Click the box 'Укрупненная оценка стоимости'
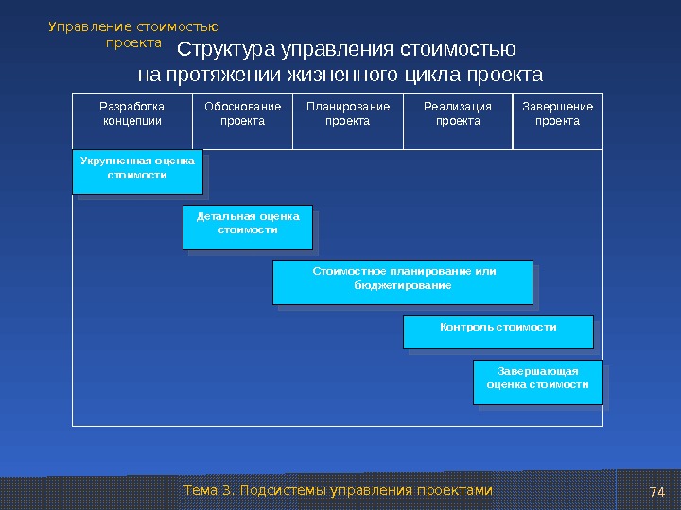click(137, 169)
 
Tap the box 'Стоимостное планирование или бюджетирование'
click(402, 280)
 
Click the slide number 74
click(657, 491)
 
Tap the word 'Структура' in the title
click(225, 50)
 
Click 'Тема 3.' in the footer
click(208, 491)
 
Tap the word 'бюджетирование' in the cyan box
click(402, 286)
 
